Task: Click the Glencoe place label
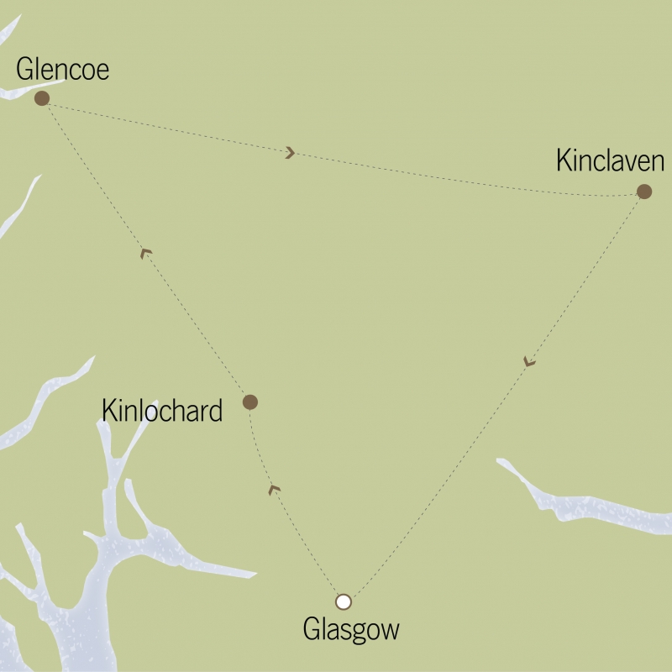(63, 71)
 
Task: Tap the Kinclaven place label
(610, 161)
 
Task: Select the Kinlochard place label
(161, 411)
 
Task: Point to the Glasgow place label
(351, 629)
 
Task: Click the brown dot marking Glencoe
(41, 98)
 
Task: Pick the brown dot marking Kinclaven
(644, 192)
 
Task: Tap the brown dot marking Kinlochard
(249, 402)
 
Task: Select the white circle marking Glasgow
(343, 601)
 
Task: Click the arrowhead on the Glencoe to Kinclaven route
(290, 153)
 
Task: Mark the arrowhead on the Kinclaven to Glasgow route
(528, 362)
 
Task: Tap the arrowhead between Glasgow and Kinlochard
(273, 489)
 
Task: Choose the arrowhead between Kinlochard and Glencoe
(145, 252)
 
